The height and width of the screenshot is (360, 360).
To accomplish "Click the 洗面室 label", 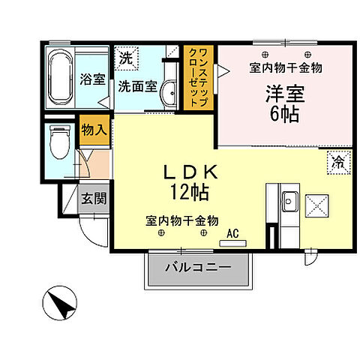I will (136, 85).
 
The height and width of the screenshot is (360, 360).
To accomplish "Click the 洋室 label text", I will (275, 96).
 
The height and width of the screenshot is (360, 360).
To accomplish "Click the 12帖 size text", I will (190, 192).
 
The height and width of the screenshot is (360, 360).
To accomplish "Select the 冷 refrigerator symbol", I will (337, 160).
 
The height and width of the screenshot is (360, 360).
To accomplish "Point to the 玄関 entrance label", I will (94, 199).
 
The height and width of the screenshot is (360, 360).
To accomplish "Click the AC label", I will (232, 233).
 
